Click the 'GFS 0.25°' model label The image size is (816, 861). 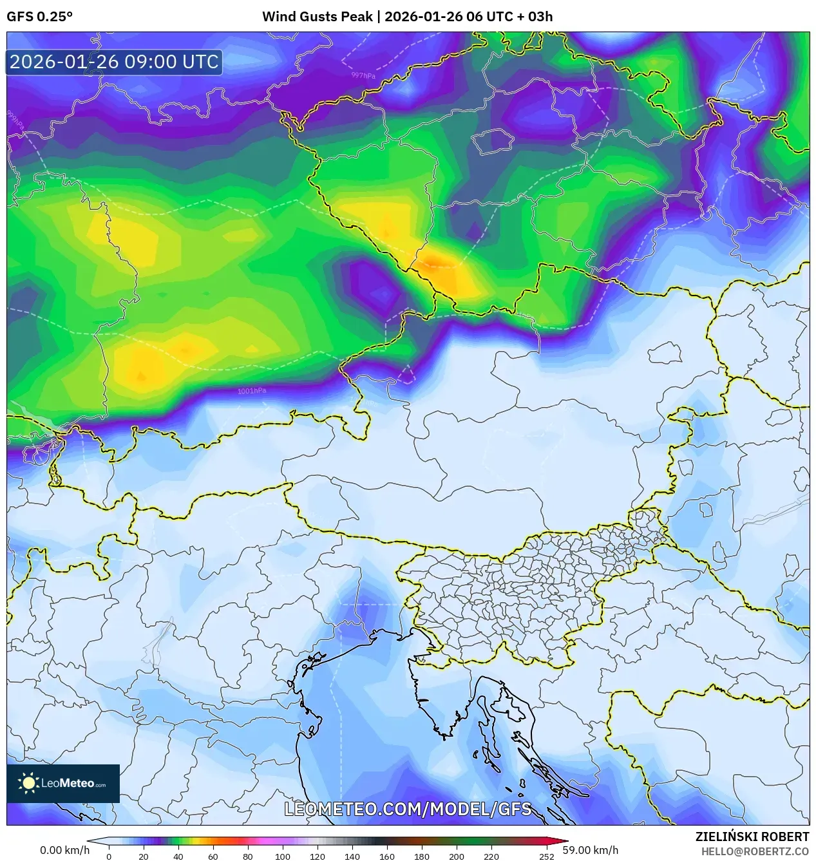coord(39,17)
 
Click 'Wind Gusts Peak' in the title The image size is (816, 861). coord(317,17)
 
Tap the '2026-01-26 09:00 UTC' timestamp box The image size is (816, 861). coord(114,62)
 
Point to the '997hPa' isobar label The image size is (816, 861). coord(363,75)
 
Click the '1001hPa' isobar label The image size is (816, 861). coord(252,391)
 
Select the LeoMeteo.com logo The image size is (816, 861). coord(63,783)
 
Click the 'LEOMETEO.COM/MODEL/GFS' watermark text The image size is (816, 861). coord(408,809)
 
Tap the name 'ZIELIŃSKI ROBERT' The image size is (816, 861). coord(752,837)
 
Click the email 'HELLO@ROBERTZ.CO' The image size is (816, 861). coord(754,851)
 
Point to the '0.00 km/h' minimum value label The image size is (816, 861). coord(64,850)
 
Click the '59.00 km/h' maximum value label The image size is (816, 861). coord(590,850)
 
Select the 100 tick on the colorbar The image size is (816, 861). coord(282,856)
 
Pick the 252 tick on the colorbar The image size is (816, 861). coord(547,856)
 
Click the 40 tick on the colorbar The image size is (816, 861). coord(178,856)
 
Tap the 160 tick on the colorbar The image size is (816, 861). coord(386,856)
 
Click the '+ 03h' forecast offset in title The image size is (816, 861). coord(536,17)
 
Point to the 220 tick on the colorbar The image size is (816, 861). coord(491,856)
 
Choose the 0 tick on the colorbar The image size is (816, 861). coord(108,856)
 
